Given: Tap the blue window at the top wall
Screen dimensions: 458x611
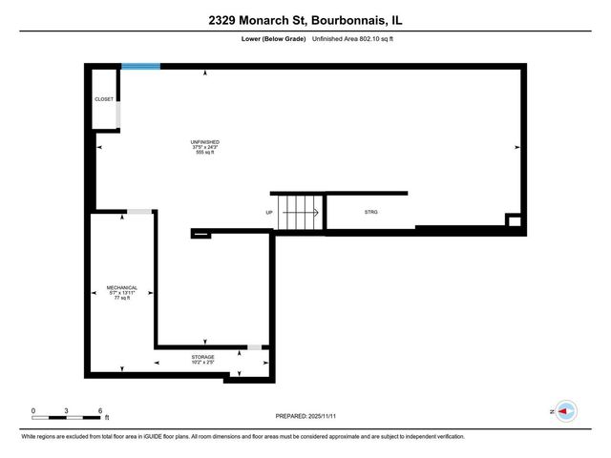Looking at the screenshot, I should tap(140, 66).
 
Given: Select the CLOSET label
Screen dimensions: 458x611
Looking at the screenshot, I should tap(104, 98).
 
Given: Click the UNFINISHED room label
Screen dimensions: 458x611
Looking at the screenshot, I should tap(205, 143).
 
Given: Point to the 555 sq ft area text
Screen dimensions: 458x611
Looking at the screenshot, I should tap(205, 155).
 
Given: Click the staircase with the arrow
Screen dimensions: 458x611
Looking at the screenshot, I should tap(301, 212).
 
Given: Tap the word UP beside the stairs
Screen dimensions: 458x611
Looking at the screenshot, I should tap(269, 212).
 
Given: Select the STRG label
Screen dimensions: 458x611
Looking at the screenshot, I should tap(370, 212).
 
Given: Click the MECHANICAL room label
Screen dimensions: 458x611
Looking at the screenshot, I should tap(122, 287).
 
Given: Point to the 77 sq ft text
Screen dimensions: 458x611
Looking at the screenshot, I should tap(122, 299).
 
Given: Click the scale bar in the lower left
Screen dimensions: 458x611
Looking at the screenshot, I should tap(67, 415).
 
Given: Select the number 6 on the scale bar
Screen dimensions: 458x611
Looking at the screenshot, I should tap(100, 409).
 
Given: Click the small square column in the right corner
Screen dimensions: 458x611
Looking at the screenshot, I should tap(514, 221).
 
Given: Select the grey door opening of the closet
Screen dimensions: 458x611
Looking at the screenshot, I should tap(118, 114).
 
